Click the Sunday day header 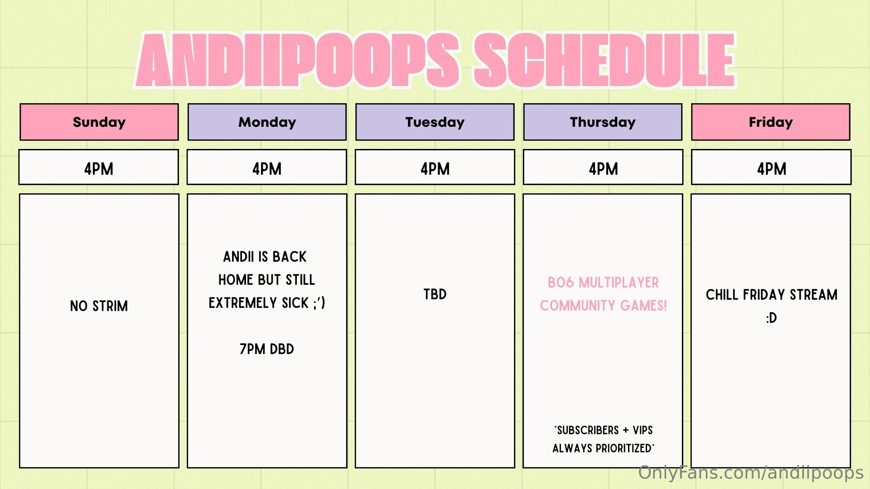pyautogui.click(x=99, y=122)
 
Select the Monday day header pyautogui.click(x=267, y=122)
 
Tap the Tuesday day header pyautogui.click(x=435, y=122)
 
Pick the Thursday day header pyautogui.click(x=603, y=122)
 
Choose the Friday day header pyautogui.click(x=771, y=122)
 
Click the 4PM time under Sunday pyautogui.click(x=99, y=169)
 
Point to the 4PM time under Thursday pyautogui.click(x=604, y=169)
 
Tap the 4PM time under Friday pyautogui.click(x=772, y=169)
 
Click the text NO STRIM pyautogui.click(x=99, y=306)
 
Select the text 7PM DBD pyautogui.click(x=267, y=349)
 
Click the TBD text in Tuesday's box pyautogui.click(x=435, y=294)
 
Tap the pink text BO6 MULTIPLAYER pyautogui.click(x=603, y=283)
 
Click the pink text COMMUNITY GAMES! pyautogui.click(x=604, y=306)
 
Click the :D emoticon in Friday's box pyautogui.click(x=772, y=318)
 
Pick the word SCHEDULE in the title pyautogui.click(x=604, y=60)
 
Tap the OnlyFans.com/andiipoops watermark pyautogui.click(x=751, y=473)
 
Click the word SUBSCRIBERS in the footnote pyautogui.click(x=588, y=430)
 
